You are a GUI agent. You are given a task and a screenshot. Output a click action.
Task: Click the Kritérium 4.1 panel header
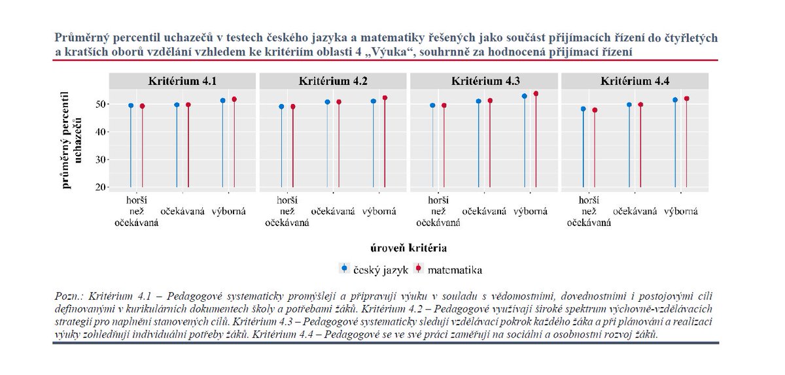[x=184, y=82]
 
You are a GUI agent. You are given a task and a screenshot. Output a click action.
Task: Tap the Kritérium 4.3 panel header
[x=485, y=82]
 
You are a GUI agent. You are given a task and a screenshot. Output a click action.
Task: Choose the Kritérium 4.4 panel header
[x=635, y=82]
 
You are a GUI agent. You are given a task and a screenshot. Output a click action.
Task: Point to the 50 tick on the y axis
[x=99, y=105]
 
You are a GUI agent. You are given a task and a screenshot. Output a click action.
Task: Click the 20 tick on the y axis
[x=99, y=187]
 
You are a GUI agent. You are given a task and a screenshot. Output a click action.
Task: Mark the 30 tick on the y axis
[x=99, y=159]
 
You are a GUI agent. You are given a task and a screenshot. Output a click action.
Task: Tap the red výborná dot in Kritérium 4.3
[x=536, y=93]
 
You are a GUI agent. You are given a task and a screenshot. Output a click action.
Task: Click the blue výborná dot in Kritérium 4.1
[x=223, y=101]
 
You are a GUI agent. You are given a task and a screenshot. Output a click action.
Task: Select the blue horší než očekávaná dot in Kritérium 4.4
[x=584, y=109]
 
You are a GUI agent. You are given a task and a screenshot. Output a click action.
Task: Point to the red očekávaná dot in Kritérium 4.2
[x=339, y=102]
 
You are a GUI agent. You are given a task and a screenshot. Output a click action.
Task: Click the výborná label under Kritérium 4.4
[x=680, y=211]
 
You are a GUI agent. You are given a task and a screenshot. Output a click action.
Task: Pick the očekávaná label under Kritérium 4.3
[x=484, y=211]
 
